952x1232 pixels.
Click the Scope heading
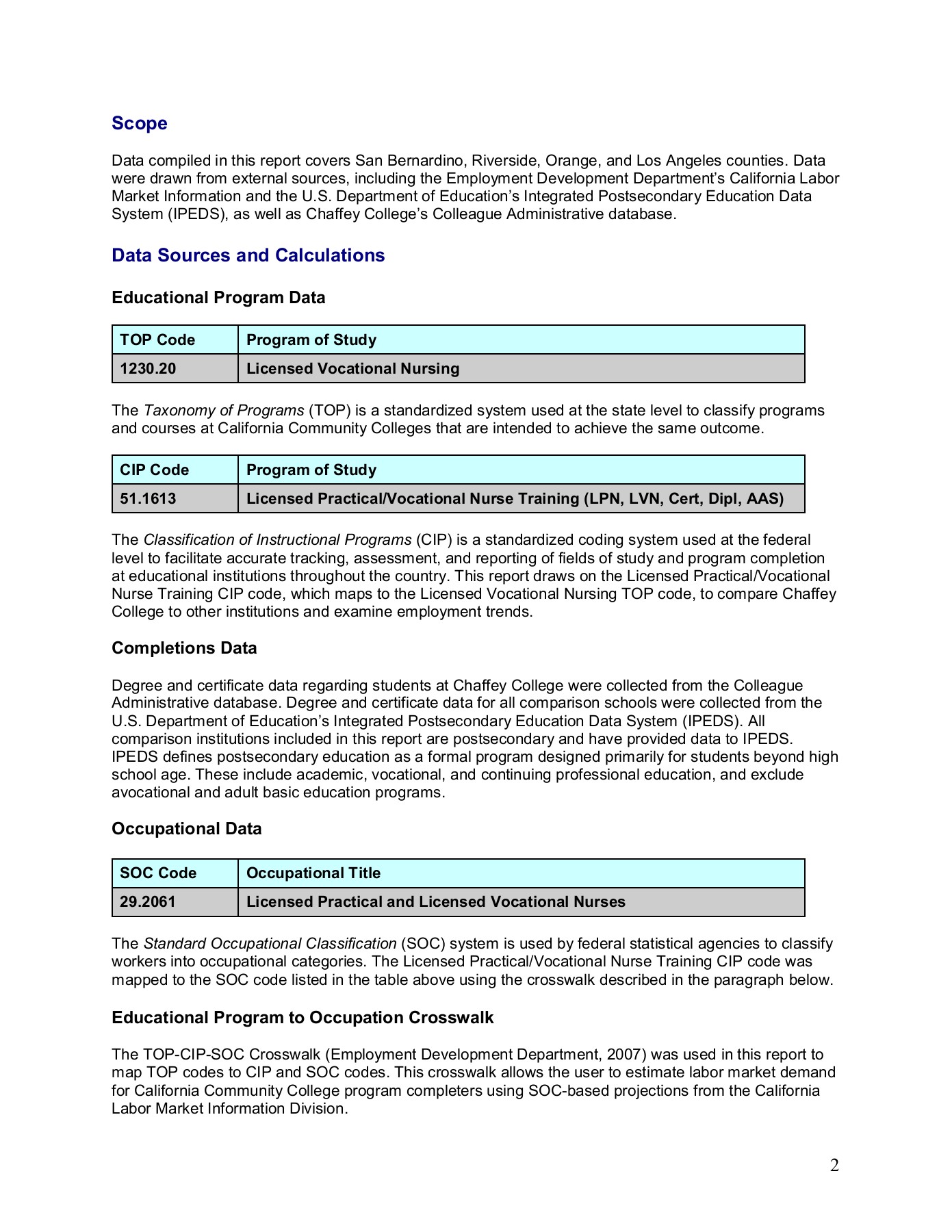[140, 123]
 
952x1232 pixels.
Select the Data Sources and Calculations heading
[248, 255]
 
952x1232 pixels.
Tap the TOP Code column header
[157, 340]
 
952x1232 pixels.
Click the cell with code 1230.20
[148, 369]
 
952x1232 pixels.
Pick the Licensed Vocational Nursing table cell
[352, 369]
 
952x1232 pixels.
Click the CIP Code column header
[154, 470]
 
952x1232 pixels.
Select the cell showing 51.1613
[148, 499]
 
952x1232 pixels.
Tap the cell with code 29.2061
[148, 902]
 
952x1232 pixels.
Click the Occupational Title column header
[313, 873]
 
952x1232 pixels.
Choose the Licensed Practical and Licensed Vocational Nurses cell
[435, 902]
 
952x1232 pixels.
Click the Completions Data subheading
[184, 648]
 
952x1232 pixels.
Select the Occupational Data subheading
[186, 829]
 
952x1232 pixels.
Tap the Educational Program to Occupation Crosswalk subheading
[303, 1018]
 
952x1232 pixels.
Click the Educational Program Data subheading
[218, 298]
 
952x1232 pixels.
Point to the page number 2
[834, 1165]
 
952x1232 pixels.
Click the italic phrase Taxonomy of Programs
[224, 411]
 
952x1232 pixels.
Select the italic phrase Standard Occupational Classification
[270, 944]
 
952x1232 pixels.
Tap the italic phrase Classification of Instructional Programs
[277, 540]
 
